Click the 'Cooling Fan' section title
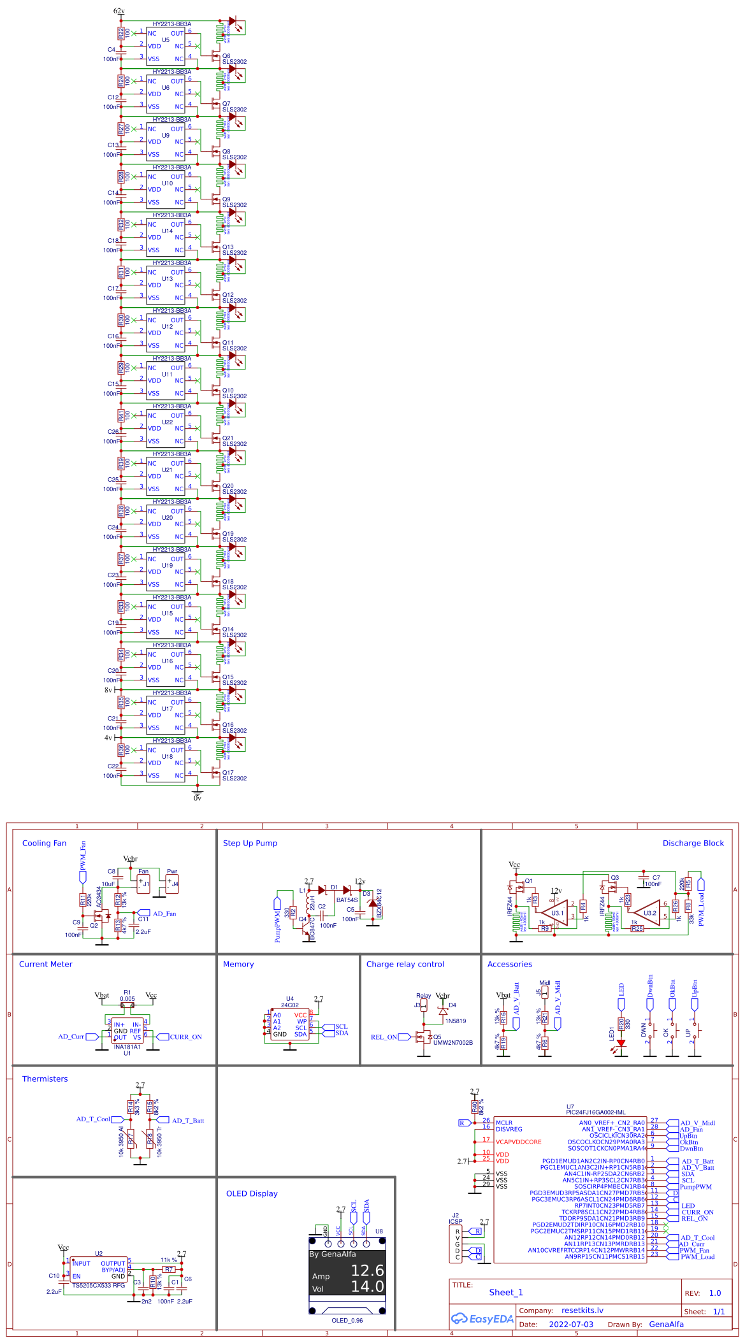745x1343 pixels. (x=44, y=843)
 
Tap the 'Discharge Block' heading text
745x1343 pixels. (x=693, y=843)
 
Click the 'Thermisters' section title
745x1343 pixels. (x=45, y=1079)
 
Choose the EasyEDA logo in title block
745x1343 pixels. (x=482, y=1319)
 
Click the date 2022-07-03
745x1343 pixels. (x=570, y=1324)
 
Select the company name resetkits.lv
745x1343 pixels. (x=582, y=1311)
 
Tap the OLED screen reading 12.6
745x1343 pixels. (x=367, y=1271)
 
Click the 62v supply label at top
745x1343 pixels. (x=119, y=11)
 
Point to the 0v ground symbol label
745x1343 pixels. (x=197, y=798)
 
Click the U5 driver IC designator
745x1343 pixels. (x=165, y=39)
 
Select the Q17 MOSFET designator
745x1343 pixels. (x=228, y=772)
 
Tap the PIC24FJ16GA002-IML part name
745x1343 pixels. (x=595, y=1112)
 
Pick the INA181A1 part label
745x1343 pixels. (x=127, y=1047)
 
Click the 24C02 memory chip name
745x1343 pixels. (x=289, y=1005)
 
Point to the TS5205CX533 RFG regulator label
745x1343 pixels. (x=98, y=1285)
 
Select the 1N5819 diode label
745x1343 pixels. (x=455, y=1021)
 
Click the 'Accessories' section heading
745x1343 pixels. (x=509, y=964)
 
